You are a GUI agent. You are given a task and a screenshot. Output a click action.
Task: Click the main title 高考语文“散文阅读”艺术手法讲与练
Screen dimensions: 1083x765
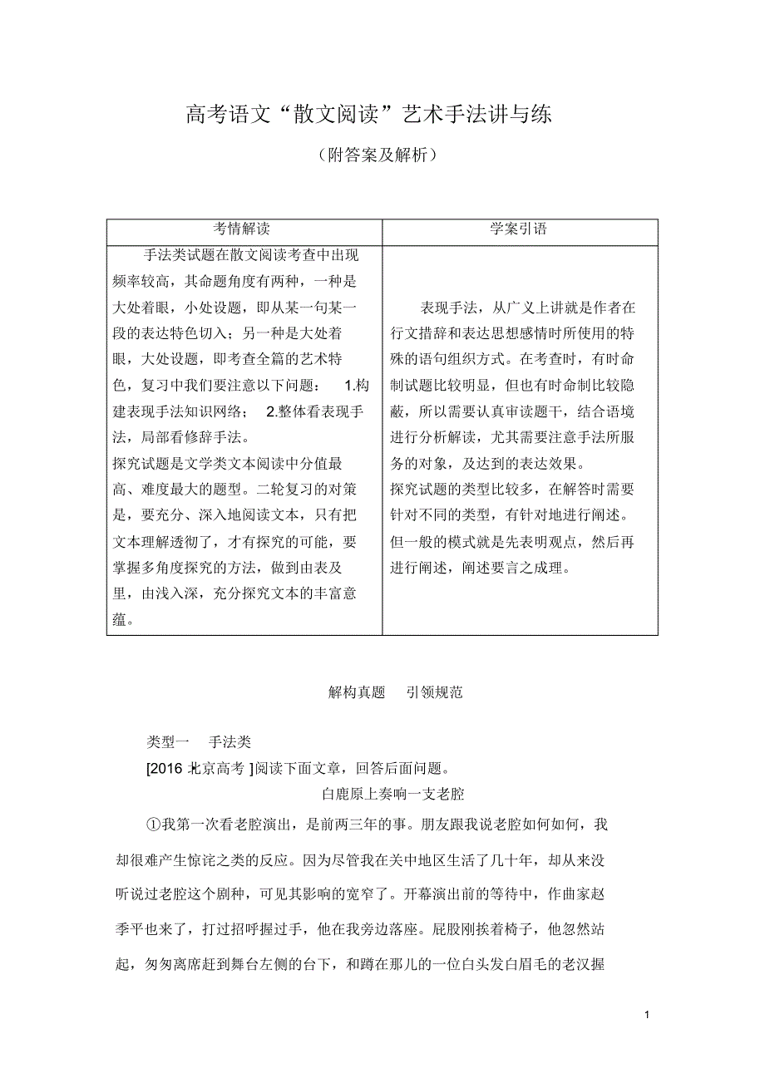[x=369, y=115]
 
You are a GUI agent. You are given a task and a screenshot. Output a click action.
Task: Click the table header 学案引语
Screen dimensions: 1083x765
[x=519, y=229]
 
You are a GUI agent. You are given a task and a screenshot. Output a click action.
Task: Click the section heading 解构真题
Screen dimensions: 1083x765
[x=357, y=692]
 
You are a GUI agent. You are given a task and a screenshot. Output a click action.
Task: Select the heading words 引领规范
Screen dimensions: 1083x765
[x=433, y=692]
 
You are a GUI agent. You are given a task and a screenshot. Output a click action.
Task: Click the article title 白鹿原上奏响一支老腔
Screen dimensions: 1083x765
[x=392, y=795]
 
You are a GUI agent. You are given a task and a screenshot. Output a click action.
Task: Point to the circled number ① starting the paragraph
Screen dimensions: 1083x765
[x=151, y=825]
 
